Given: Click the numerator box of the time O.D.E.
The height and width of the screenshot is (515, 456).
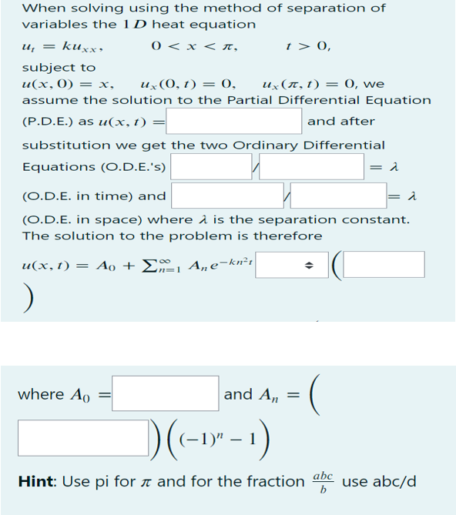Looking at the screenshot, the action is pyautogui.click(x=211, y=166).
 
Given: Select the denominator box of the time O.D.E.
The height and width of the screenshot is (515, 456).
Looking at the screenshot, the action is pyautogui.click(x=312, y=166).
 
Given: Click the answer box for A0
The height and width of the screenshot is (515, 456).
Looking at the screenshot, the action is pyautogui.click(x=166, y=393).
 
